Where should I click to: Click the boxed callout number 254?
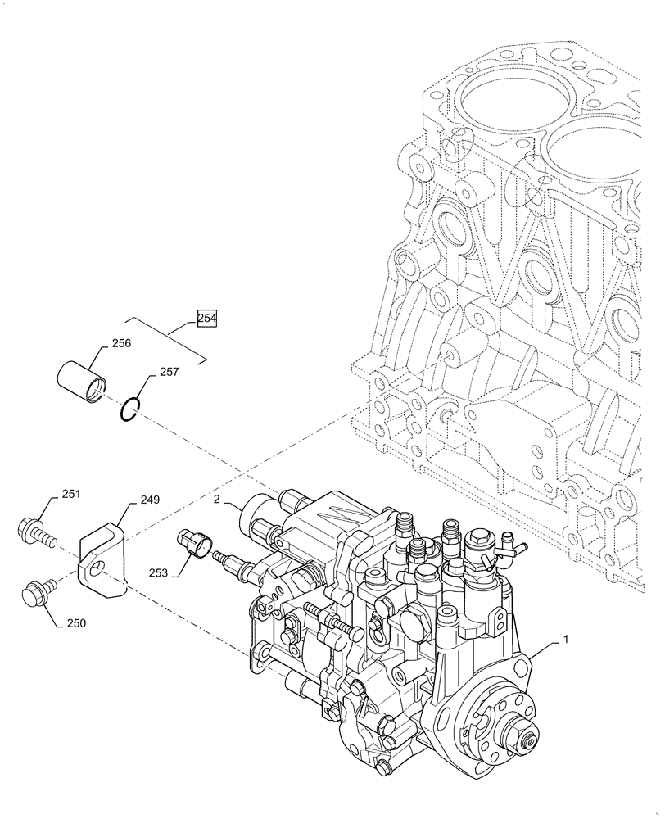click(207, 318)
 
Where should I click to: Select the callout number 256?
click(121, 345)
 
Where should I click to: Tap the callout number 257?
click(169, 372)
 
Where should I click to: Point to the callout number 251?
click(71, 495)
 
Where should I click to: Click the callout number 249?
click(149, 499)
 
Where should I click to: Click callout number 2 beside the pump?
click(215, 500)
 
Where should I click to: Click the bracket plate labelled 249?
click(102, 557)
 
